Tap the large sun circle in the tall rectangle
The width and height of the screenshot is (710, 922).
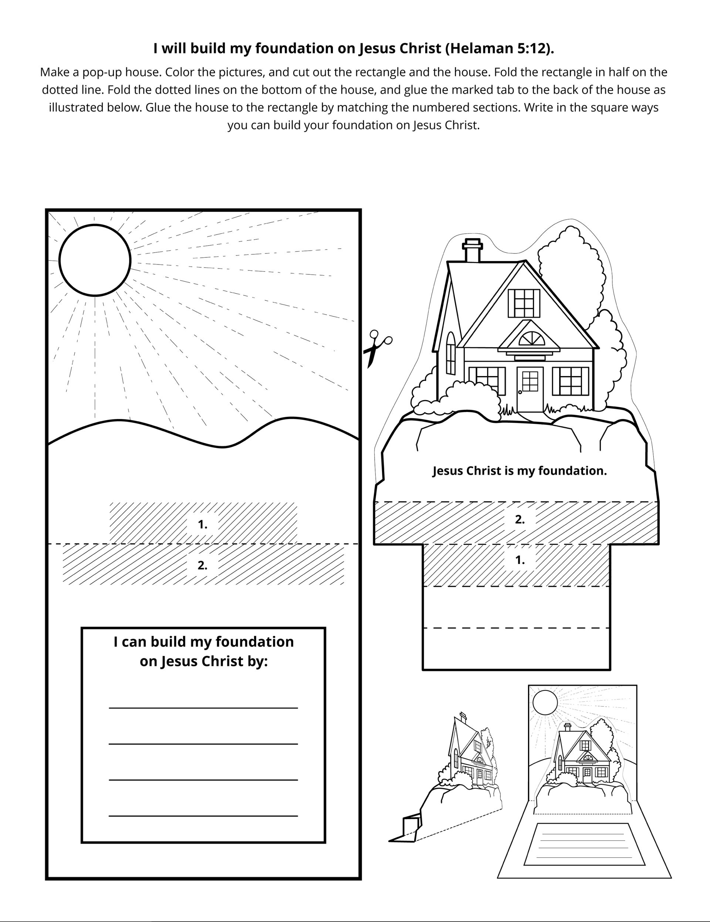tap(95, 260)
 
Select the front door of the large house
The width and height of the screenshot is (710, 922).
tap(530, 389)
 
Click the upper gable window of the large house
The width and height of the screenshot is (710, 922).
tap(524, 303)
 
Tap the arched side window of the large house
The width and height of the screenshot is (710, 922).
tap(451, 353)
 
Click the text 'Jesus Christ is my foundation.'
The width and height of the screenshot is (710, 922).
tap(520, 471)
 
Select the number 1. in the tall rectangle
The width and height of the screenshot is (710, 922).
tap(203, 524)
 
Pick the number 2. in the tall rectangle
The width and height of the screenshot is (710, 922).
tap(203, 565)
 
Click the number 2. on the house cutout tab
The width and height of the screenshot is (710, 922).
tap(520, 520)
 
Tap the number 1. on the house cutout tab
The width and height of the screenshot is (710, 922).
tap(520, 560)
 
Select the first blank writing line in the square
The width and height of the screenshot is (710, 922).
tap(203, 707)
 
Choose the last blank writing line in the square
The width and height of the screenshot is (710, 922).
tap(203, 815)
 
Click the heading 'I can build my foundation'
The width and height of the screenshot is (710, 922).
tap(203, 642)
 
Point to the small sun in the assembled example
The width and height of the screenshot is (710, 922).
tap(545, 702)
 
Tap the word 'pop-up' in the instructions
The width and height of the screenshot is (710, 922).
tap(101, 72)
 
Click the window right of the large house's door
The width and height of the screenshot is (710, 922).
tap(570, 381)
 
